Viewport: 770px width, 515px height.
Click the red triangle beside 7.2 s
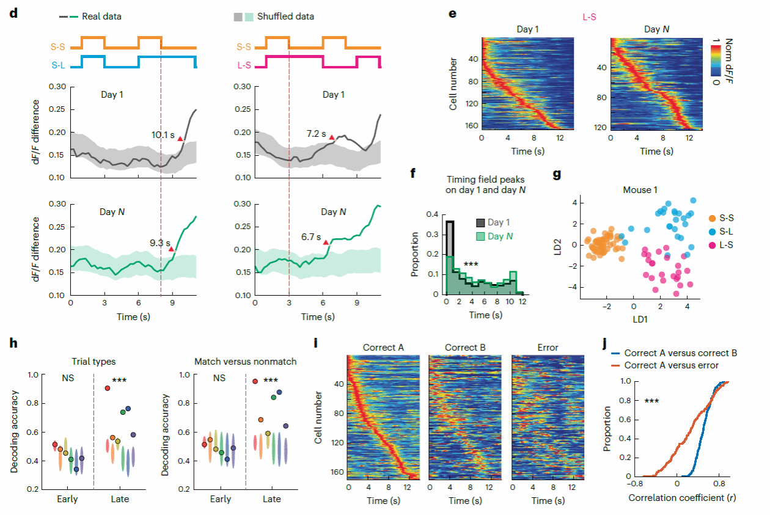click(332, 138)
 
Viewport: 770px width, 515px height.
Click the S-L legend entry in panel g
click(727, 232)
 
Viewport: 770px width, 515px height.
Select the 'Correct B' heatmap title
click(466, 348)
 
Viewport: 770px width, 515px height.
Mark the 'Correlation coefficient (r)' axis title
click(681, 497)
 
